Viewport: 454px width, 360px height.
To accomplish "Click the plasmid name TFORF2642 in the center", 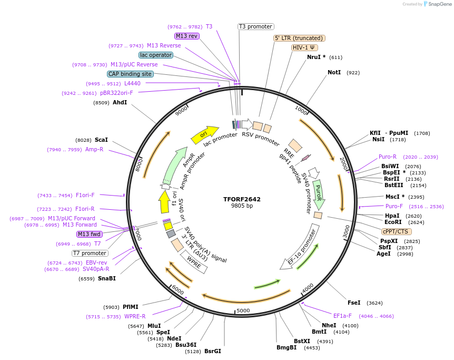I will tap(242, 199).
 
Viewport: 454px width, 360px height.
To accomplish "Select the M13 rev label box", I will tap(187, 36).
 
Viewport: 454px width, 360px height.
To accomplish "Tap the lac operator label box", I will tap(155, 55).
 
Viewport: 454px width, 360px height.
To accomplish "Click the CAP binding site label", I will tap(130, 74).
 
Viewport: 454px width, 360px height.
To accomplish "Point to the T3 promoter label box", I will tap(255, 26).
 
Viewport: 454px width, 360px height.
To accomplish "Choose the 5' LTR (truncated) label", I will tap(299, 38).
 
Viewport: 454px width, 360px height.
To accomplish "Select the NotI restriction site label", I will tap(334, 72).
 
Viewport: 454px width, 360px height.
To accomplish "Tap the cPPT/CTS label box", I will tap(397, 231).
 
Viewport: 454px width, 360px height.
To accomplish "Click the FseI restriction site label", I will tap(354, 303).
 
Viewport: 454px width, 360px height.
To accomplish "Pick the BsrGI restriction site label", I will tap(213, 351).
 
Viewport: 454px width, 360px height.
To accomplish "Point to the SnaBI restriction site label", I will tap(107, 278).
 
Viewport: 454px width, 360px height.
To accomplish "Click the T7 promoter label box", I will tap(90, 253).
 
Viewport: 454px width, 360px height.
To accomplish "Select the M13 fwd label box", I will tap(90, 234).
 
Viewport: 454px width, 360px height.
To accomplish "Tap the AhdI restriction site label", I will tap(120, 102).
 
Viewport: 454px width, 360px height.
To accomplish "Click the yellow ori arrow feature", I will tap(205, 134).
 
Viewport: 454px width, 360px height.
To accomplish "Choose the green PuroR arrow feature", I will tap(318, 193).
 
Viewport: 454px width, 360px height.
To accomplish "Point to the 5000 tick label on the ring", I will tap(243, 310).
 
